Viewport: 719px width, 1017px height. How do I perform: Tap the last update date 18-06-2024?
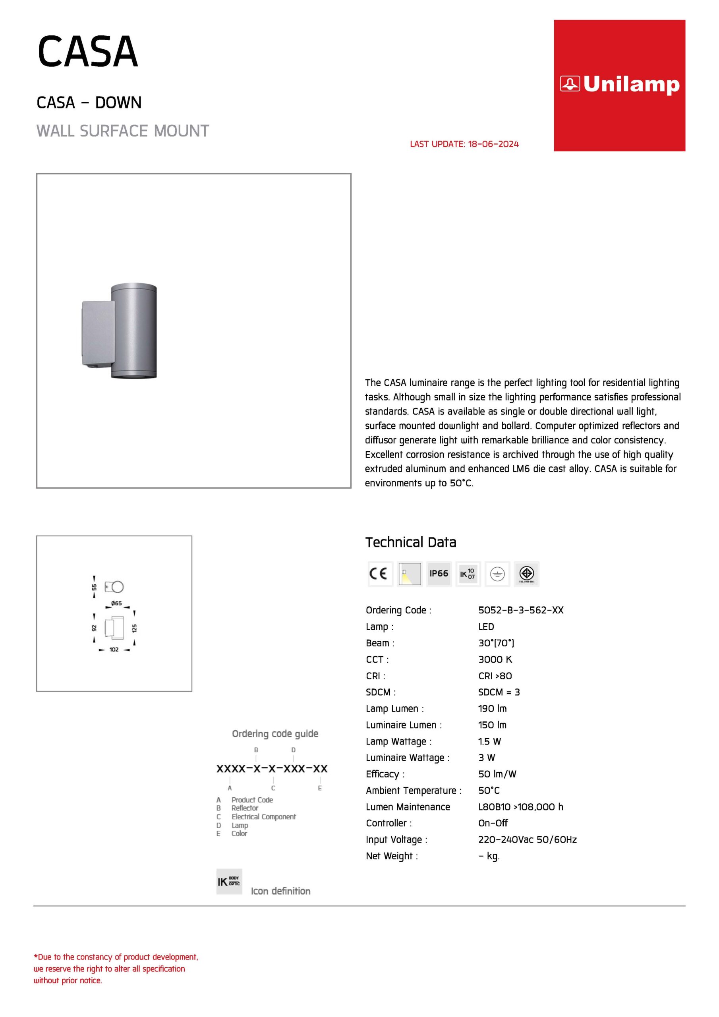[493, 144]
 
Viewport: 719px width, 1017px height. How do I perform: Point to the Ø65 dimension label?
[116, 603]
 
